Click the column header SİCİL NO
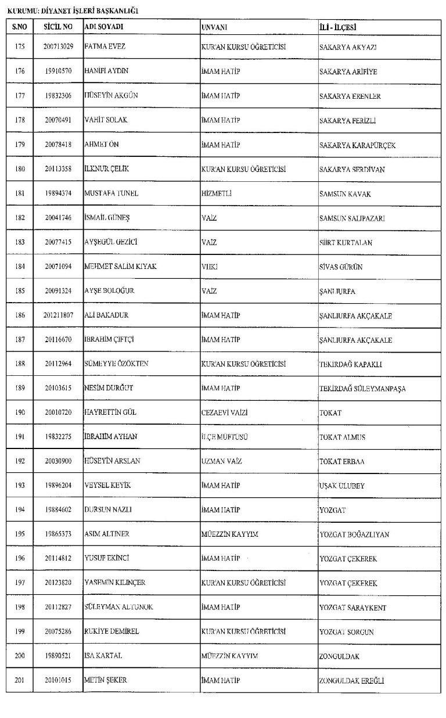point(58,27)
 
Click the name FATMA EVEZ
point(105,47)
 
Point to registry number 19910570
point(58,71)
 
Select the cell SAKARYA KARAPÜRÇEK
point(357,145)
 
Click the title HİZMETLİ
point(216,194)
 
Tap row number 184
point(20,267)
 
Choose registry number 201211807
point(58,315)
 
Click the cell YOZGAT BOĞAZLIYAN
point(354,534)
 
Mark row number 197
point(20,583)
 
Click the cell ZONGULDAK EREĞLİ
point(351,681)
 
